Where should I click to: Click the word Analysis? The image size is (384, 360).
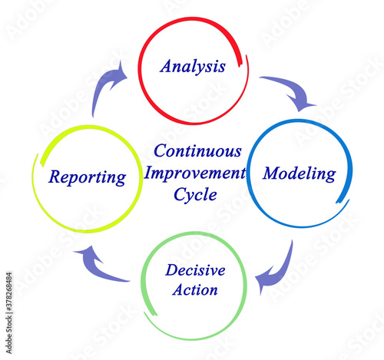click(x=193, y=67)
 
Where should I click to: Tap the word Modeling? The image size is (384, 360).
click(x=300, y=174)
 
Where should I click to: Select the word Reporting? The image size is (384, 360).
click(x=87, y=177)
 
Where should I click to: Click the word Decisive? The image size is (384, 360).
click(x=195, y=270)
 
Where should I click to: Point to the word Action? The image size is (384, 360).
click(x=195, y=290)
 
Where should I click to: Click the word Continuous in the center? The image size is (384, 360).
click(x=197, y=151)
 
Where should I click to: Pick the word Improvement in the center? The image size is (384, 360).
click(x=195, y=173)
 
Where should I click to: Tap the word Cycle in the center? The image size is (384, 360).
click(x=195, y=195)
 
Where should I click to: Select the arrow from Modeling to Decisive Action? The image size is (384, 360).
click(x=283, y=274)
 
